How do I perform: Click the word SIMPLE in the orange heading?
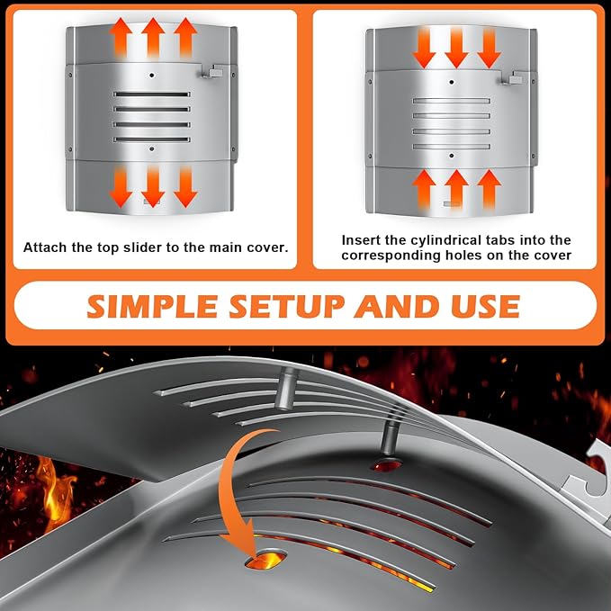pos(152,306)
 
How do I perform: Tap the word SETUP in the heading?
pos(286,306)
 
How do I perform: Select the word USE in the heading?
pos(486,306)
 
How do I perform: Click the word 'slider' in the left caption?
pos(144,247)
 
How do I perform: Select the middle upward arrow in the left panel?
pos(153,38)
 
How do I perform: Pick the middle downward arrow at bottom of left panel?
pos(153,186)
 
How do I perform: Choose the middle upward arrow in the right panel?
pos(456,190)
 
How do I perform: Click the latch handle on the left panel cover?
pos(212,71)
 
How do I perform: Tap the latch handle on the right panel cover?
pos(512,78)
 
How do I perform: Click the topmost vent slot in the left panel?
pos(152,94)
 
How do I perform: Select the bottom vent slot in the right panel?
pos(452,147)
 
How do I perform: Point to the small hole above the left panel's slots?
pos(152,76)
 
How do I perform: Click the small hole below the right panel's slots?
pos(452,156)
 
